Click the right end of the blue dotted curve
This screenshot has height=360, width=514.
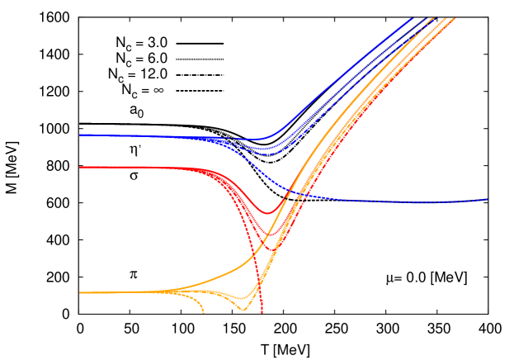point(488,199)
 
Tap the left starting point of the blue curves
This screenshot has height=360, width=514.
point(80,135)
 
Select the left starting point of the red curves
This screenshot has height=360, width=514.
point(80,168)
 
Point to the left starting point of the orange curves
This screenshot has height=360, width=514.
point(80,293)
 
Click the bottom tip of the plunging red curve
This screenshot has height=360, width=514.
point(262,312)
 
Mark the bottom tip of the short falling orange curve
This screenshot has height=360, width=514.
point(203,312)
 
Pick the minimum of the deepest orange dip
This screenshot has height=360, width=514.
point(243,310)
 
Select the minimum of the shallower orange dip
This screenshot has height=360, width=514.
point(241,298)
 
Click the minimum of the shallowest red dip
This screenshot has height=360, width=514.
point(266,213)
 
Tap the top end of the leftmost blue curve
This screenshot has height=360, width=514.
point(411,18)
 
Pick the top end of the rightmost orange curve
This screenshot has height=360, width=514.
point(455,18)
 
